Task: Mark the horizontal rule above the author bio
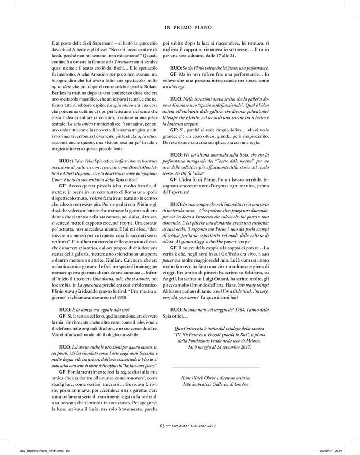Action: pos(216,366)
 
